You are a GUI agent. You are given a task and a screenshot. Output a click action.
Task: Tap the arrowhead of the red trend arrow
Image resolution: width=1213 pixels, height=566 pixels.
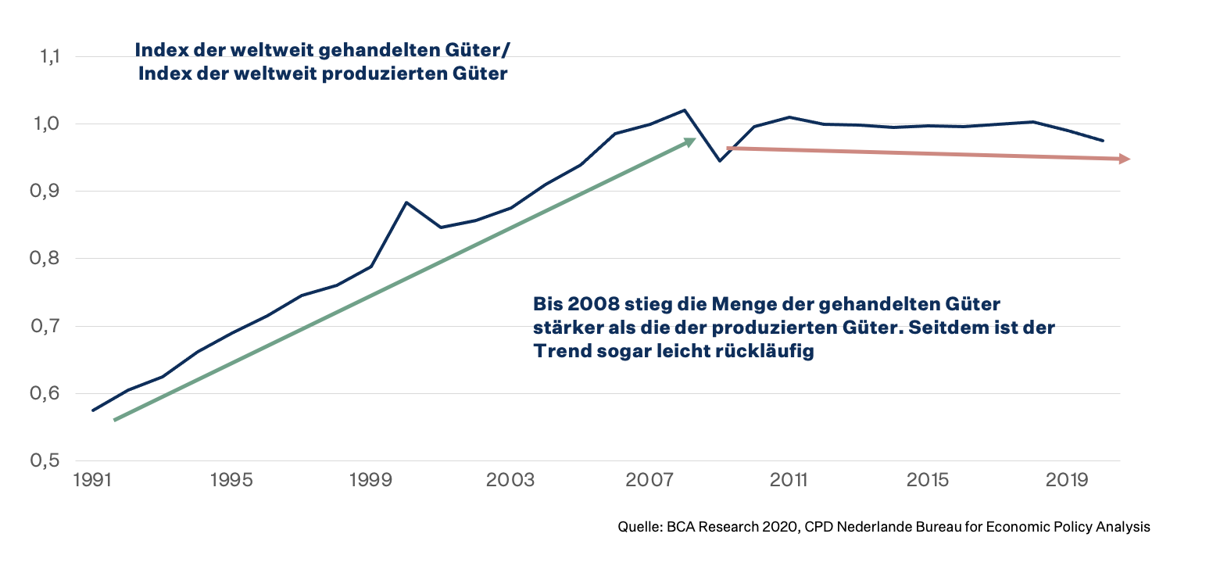(x=1127, y=159)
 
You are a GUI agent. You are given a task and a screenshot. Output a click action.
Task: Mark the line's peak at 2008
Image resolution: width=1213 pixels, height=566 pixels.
(x=685, y=110)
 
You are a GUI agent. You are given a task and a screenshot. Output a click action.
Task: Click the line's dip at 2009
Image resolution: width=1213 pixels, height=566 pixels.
(x=719, y=161)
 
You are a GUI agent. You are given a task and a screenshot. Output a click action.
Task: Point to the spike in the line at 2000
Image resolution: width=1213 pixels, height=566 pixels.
(x=406, y=202)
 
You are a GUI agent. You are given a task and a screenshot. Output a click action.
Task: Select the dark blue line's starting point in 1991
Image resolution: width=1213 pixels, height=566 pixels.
(x=93, y=410)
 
